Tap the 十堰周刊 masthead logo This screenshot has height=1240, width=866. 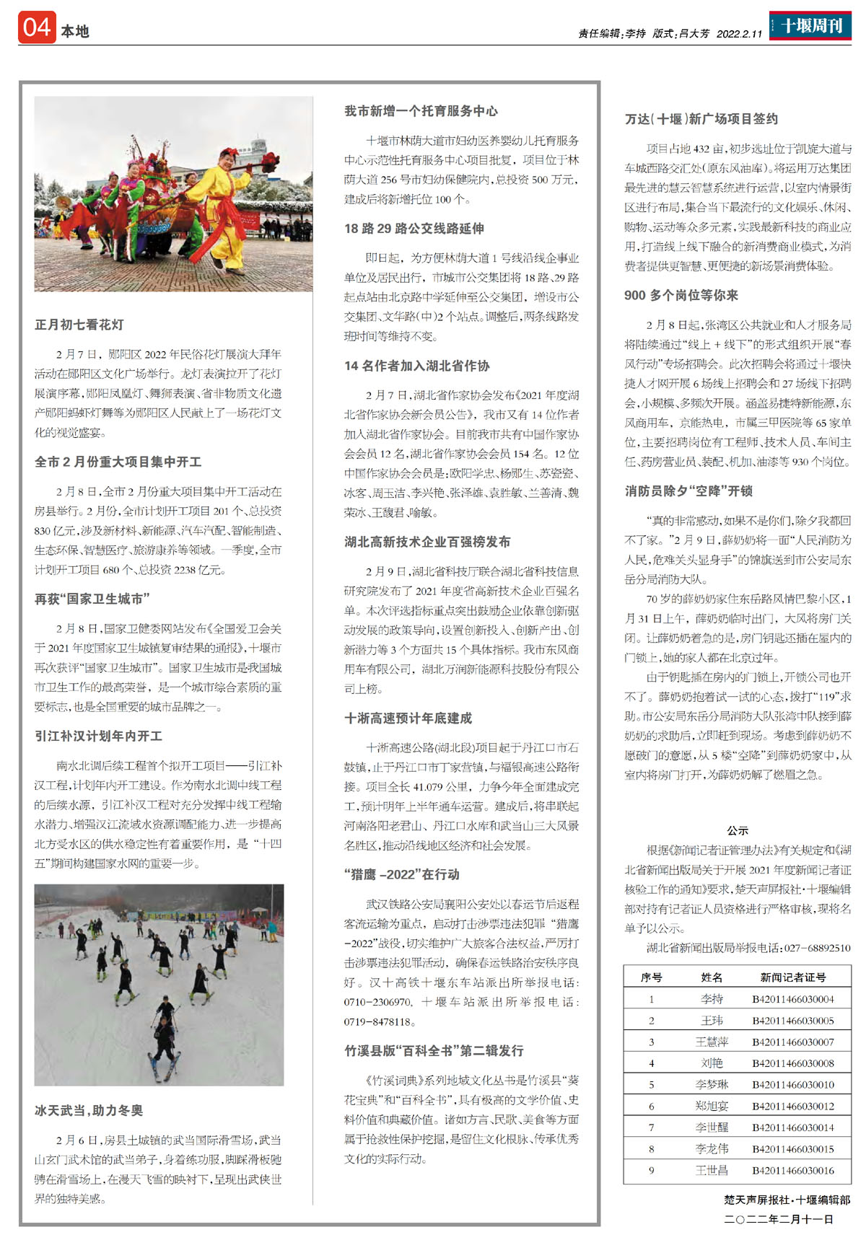coord(810,26)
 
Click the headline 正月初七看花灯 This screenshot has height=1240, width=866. coord(79,325)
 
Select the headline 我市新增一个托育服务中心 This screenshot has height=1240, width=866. coord(421,111)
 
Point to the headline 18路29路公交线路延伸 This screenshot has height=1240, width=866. coord(414,229)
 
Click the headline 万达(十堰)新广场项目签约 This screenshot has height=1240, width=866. coord(701,119)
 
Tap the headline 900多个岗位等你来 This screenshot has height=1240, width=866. coord(681,295)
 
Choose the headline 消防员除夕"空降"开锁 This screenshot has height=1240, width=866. coord(688,491)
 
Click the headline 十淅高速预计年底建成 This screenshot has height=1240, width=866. coord(408,718)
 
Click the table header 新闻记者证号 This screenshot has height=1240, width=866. coord(792,977)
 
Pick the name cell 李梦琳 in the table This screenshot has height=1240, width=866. coord(712,1084)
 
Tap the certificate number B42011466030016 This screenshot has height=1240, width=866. coord(792,1170)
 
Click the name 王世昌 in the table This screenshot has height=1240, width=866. coord(712,1170)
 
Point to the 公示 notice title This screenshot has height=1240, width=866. coord(738,831)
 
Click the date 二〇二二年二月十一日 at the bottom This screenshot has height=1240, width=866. coord(779,1219)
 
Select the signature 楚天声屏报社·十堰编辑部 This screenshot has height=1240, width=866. coord(787,1200)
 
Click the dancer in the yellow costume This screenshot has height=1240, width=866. coord(226,209)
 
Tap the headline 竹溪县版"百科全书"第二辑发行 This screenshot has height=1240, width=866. coord(434,1051)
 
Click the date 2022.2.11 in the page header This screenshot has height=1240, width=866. coord(739,34)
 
